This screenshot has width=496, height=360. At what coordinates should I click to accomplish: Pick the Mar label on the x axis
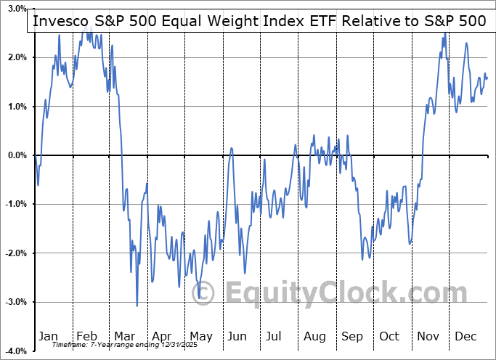point(126,337)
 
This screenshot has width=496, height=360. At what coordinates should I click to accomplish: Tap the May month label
point(201,337)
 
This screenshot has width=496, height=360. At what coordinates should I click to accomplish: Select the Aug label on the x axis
point(314,337)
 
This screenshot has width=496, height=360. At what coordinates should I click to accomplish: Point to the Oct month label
point(389,337)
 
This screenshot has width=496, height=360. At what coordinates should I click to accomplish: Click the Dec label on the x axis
point(465,337)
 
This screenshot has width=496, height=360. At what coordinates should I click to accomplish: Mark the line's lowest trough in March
point(137,306)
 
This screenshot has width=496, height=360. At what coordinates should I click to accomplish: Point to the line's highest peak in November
point(444,33)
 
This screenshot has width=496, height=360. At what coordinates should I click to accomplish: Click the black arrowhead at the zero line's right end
point(488,155)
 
